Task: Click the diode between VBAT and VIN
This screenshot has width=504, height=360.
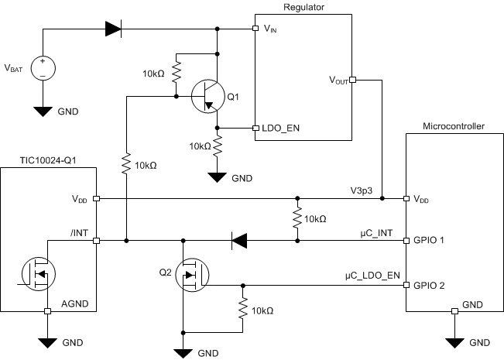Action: [113, 29]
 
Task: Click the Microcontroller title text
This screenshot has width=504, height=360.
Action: [453, 125]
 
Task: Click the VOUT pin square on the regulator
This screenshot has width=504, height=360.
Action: [352, 79]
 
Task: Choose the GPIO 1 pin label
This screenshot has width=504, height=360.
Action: [429, 241]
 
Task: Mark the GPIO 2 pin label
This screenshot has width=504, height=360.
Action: [429, 285]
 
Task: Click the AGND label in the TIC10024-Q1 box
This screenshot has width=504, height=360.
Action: [77, 301]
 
